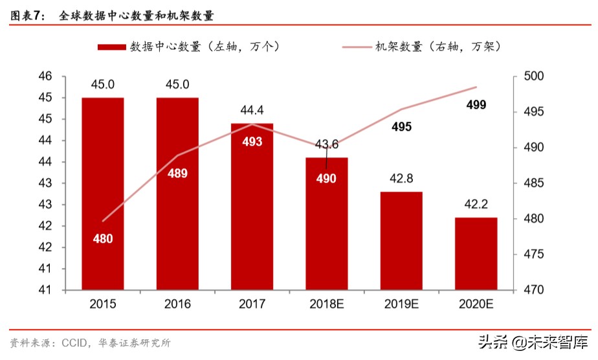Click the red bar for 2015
pyautogui.click(x=103, y=194)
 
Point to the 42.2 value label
pyautogui.click(x=476, y=205)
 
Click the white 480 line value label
pyautogui.click(x=103, y=239)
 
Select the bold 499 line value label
pyautogui.click(x=476, y=106)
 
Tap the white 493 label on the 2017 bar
pyautogui.click(x=252, y=141)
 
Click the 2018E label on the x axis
pyautogui.click(x=327, y=304)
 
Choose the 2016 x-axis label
pyautogui.click(x=178, y=304)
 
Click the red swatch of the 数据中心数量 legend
pyautogui.click(x=111, y=47)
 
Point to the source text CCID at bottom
pyautogui.click(x=76, y=342)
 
